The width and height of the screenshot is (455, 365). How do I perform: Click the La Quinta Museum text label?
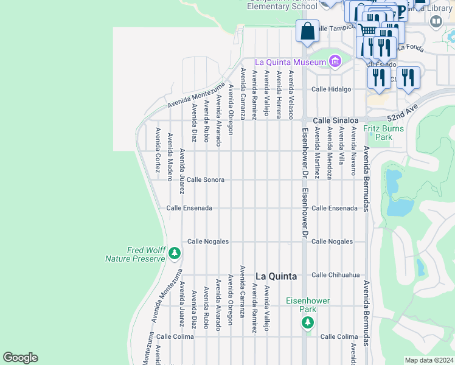290,61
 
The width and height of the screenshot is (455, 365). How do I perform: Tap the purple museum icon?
334,61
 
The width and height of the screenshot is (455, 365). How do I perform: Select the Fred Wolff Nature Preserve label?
135,254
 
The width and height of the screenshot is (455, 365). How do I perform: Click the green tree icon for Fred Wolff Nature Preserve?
175,252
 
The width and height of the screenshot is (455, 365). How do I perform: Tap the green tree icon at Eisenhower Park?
308,322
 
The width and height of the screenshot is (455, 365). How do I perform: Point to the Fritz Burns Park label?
386,133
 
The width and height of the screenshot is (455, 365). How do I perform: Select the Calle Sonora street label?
206,180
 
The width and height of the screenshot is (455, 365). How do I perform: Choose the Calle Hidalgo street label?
332,89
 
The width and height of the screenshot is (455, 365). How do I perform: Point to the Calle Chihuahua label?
336,275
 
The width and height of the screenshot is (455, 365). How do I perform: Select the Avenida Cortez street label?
158,150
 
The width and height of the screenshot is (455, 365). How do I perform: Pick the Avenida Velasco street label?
291,95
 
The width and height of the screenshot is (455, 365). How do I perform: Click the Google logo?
21,358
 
